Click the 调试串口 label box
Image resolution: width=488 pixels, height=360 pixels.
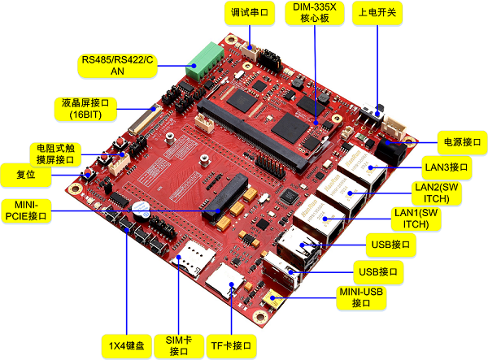[x=249, y=13]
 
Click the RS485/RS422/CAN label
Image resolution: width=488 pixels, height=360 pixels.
[x=116, y=65]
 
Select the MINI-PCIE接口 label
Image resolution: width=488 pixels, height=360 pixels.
[x=26, y=210]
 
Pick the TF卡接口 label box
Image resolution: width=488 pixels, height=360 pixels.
[x=231, y=345]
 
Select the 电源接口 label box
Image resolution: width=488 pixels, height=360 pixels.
[x=459, y=141]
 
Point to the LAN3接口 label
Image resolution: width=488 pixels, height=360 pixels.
[x=447, y=167]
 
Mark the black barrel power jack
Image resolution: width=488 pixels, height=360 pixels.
[x=395, y=150]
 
